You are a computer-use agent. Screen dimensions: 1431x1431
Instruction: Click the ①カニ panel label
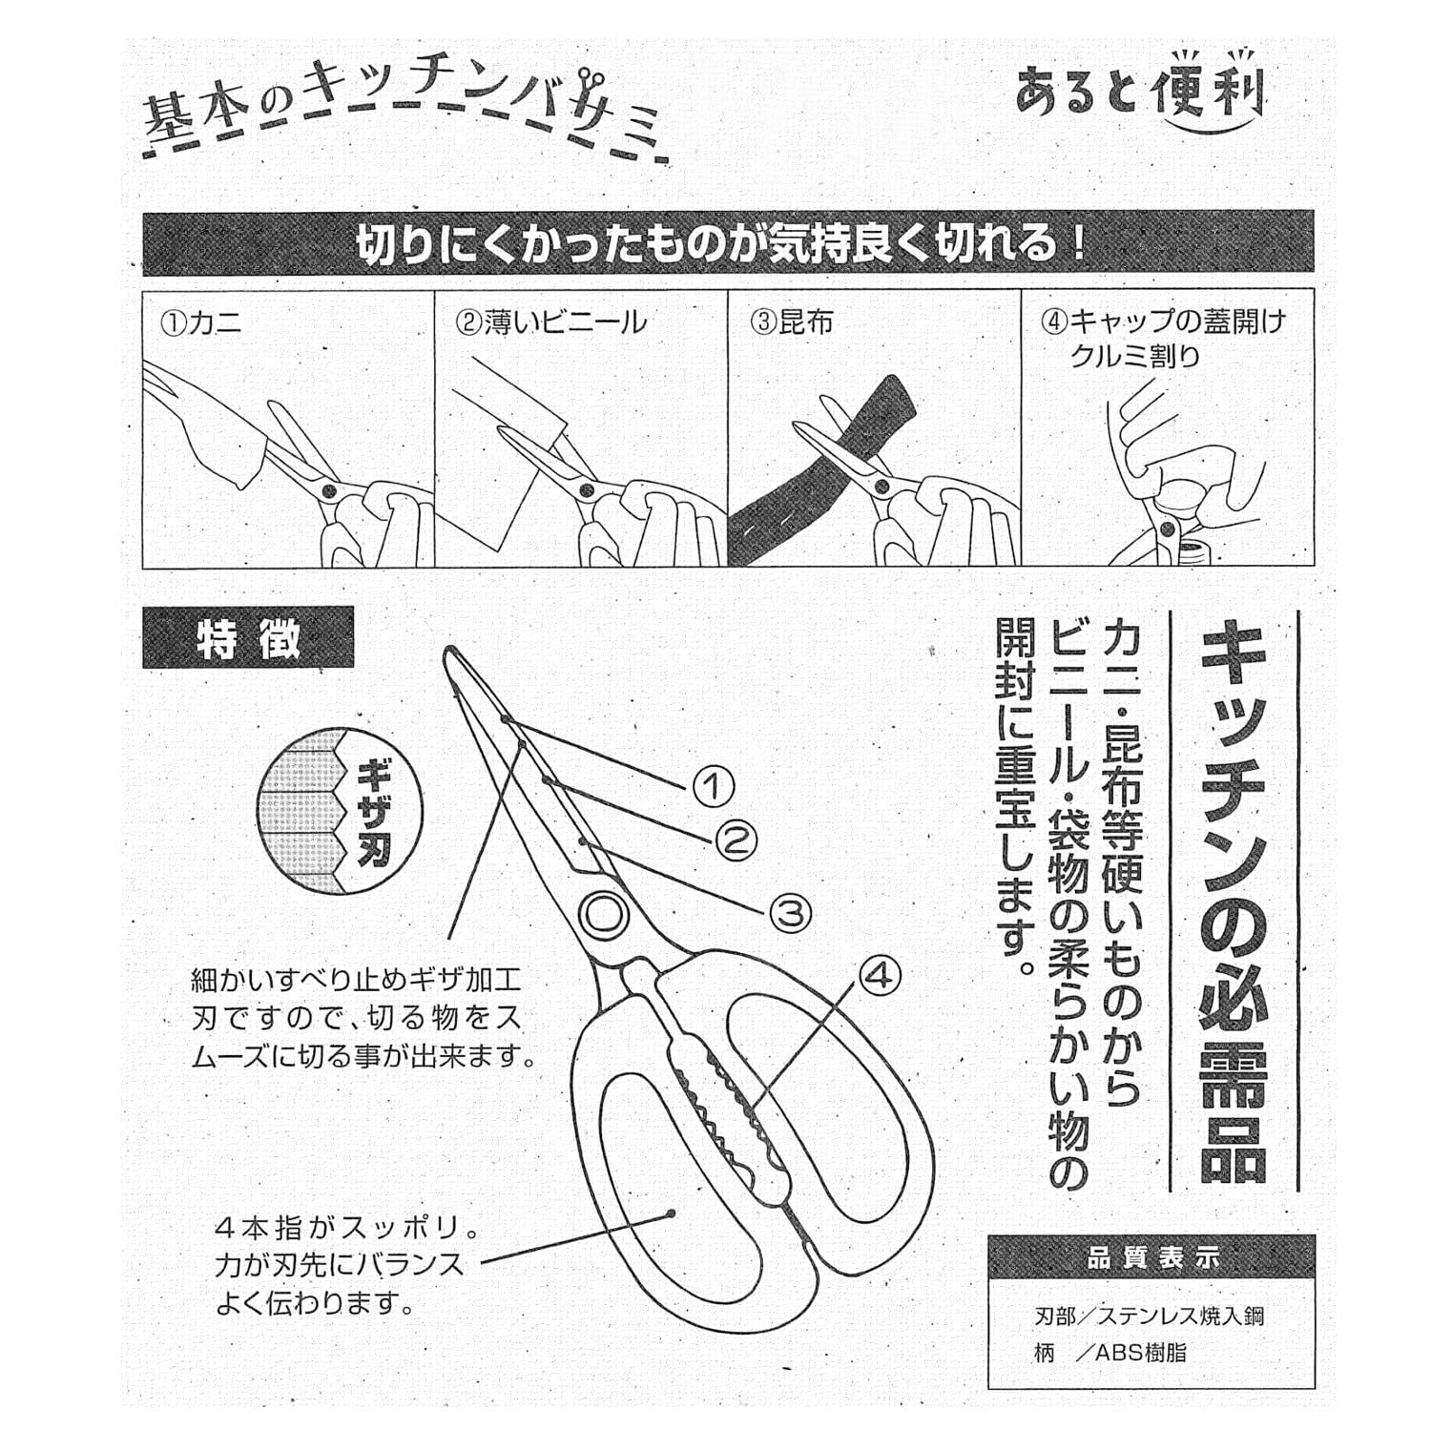pos(201,322)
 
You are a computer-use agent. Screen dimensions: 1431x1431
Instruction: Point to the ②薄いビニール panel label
pos(551,322)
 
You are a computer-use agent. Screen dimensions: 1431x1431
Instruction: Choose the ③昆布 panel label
pos(792,322)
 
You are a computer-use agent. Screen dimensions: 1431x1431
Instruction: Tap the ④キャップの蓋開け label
pos(1163,321)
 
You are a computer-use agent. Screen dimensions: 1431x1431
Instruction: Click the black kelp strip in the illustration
pos(820,477)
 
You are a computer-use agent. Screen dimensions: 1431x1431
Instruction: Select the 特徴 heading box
pos(248,637)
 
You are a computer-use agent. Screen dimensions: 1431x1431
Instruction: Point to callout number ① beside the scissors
pos(712,787)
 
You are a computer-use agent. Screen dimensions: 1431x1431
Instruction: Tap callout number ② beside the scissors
pos(736,840)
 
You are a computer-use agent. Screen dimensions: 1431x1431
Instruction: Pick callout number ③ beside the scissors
pos(790,913)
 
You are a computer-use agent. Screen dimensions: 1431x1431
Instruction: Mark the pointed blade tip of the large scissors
pos(447,651)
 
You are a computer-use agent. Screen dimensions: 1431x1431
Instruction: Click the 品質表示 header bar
pos(1151,1258)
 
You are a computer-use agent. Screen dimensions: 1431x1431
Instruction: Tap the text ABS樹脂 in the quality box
pos(1141,1352)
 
